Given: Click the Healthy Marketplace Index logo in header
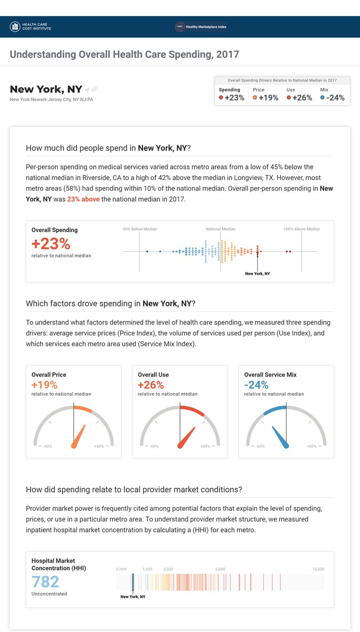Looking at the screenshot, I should click(x=201, y=26).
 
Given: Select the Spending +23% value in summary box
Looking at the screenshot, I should click(x=232, y=98).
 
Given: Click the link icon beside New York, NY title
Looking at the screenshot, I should click(x=95, y=90).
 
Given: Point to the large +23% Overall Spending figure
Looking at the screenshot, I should click(x=51, y=244).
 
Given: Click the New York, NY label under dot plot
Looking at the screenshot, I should click(x=257, y=274).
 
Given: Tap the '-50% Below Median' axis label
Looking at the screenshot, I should click(x=139, y=229).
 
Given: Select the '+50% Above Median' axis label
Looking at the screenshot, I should click(x=301, y=229).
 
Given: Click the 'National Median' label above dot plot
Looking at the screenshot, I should click(x=220, y=229).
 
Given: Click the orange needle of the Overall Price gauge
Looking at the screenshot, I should click(x=78, y=437).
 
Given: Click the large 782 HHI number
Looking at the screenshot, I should click(x=45, y=581).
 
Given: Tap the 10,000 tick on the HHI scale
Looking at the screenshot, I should click(x=318, y=569).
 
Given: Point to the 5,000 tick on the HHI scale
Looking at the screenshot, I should click(x=220, y=569).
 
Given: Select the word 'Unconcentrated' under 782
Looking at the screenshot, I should click(x=49, y=594).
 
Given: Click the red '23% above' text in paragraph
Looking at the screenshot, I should click(x=83, y=199).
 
